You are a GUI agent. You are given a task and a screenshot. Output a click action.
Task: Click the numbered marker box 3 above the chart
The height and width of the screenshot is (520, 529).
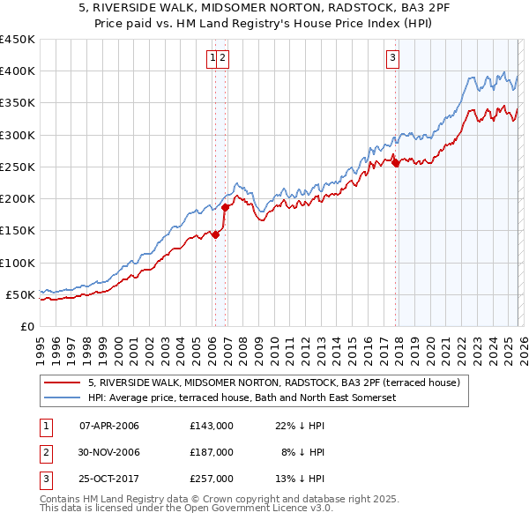point(391,59)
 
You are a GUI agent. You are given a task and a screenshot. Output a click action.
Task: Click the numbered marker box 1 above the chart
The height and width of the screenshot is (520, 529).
point(212,59)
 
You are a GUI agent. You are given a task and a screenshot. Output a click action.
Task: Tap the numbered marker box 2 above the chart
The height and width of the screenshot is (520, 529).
point(223,59)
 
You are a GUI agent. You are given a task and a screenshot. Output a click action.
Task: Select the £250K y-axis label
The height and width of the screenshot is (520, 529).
point(18,167)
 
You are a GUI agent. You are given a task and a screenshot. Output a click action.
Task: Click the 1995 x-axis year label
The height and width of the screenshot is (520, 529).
point(40,349)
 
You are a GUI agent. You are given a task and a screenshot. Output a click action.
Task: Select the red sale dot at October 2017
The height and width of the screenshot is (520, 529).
point(396,162)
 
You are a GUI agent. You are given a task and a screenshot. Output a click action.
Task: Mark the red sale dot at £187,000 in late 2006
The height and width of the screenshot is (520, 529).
point(226,207)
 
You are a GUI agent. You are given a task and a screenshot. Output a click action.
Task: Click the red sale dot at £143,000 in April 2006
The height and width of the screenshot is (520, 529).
point(215,235)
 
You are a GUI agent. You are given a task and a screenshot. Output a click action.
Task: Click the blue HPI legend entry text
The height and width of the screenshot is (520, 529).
point(242,397)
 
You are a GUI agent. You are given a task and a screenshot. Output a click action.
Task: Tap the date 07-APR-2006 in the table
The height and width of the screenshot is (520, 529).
point(109,426)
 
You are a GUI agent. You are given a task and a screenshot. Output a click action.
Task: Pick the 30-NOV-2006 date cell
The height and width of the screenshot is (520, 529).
point(109,451)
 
